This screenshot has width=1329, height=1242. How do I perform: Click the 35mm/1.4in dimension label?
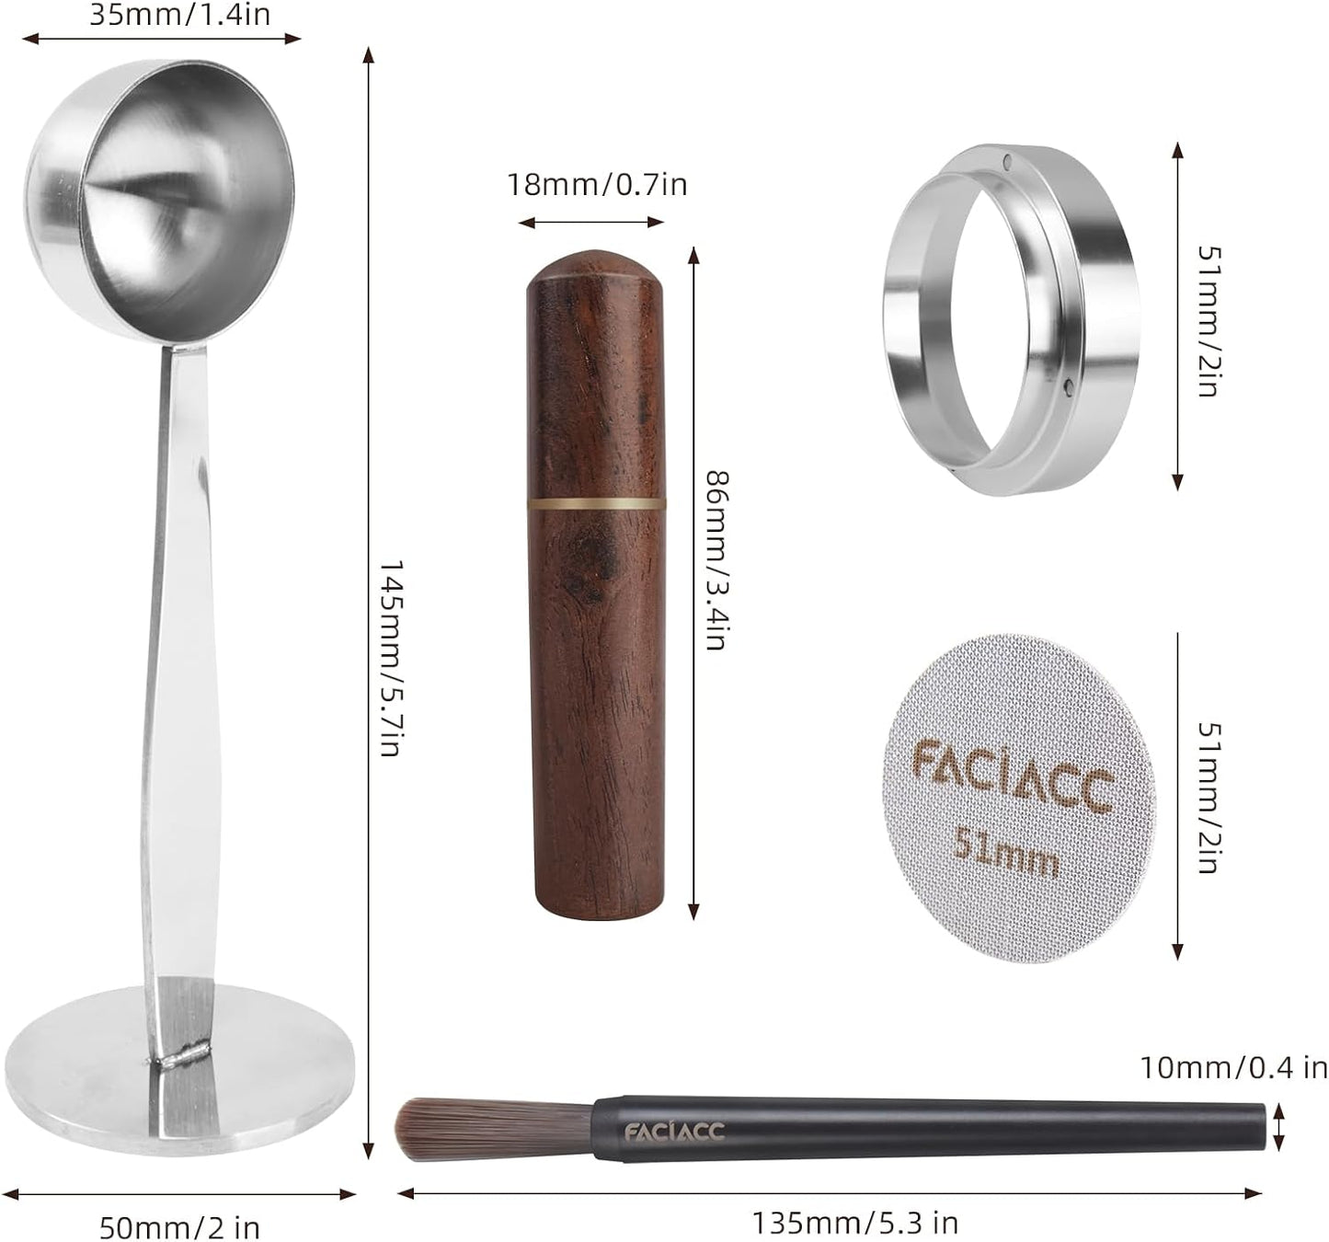click(180, 15)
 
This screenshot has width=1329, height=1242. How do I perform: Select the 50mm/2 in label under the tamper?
click(179, 1227)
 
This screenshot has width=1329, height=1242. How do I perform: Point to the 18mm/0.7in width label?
click(597, 185)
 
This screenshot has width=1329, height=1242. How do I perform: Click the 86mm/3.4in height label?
click(716, 560)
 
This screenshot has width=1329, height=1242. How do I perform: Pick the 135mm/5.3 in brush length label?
click(854, 1223)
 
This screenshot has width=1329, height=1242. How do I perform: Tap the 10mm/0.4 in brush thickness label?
click(1233, 1068)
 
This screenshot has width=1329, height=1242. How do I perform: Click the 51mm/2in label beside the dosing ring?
click(1208, 320)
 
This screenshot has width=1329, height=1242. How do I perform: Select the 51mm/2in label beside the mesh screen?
click(1208, 797)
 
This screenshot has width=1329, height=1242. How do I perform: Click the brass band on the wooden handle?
click(596, 503)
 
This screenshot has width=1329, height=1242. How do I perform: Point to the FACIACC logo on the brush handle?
click(674, 1131)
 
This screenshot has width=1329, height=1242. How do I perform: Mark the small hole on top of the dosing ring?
click(1008, 164)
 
